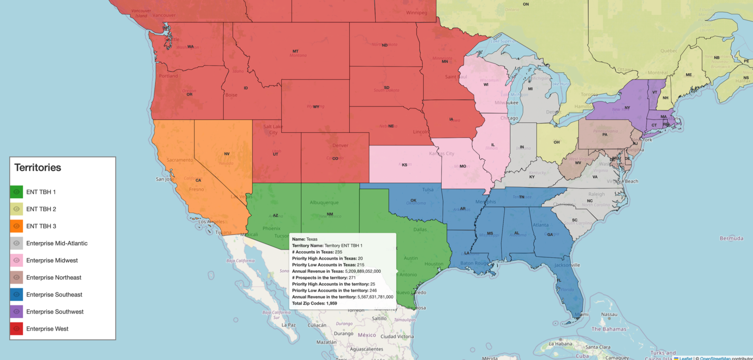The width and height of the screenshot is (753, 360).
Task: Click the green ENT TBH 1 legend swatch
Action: (16, 192)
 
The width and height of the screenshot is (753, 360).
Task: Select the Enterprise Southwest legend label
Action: (55, 311)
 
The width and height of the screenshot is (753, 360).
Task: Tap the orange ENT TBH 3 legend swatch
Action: (16, 226)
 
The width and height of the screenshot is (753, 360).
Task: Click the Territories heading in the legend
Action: (38, 168)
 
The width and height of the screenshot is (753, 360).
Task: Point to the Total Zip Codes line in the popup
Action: (314, 303)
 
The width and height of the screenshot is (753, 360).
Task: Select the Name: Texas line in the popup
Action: (304, 239)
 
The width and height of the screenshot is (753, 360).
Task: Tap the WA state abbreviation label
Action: (190, 47)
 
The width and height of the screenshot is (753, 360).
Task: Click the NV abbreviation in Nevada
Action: (227, 154)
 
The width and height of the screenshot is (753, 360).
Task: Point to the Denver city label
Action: (340, 145)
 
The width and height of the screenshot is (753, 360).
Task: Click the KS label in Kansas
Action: (404, 165)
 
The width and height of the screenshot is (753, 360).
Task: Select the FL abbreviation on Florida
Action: (559, 281)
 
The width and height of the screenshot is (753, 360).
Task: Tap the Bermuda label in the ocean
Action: (731, 238)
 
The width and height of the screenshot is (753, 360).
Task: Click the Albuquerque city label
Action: (324, 202)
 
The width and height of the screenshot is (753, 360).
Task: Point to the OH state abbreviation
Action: (556, 142)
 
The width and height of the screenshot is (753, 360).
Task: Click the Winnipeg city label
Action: (416, 13)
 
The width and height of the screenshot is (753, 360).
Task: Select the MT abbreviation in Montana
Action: (295, 51)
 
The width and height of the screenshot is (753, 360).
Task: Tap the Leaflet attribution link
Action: (685, 358)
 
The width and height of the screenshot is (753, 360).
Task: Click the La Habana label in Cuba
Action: (560, 344)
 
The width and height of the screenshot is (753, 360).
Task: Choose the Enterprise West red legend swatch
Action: (16, 329)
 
